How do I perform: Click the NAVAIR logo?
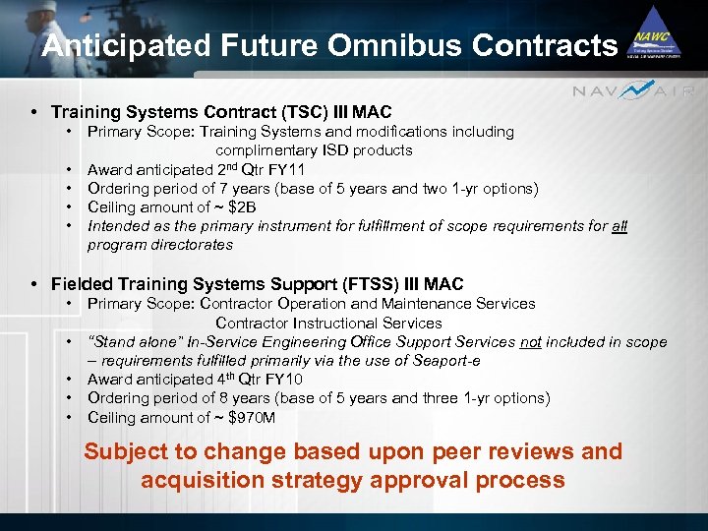(x=634, y=90)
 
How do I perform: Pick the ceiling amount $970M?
(x=251, y=418)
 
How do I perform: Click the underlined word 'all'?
(x=619, y=226)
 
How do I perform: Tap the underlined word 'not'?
(x=530, y=342)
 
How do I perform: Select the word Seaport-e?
(x=447, y=361)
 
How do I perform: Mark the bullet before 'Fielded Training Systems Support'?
(x=35, y=285)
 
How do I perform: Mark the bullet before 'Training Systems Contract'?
(x=35, y=112)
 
